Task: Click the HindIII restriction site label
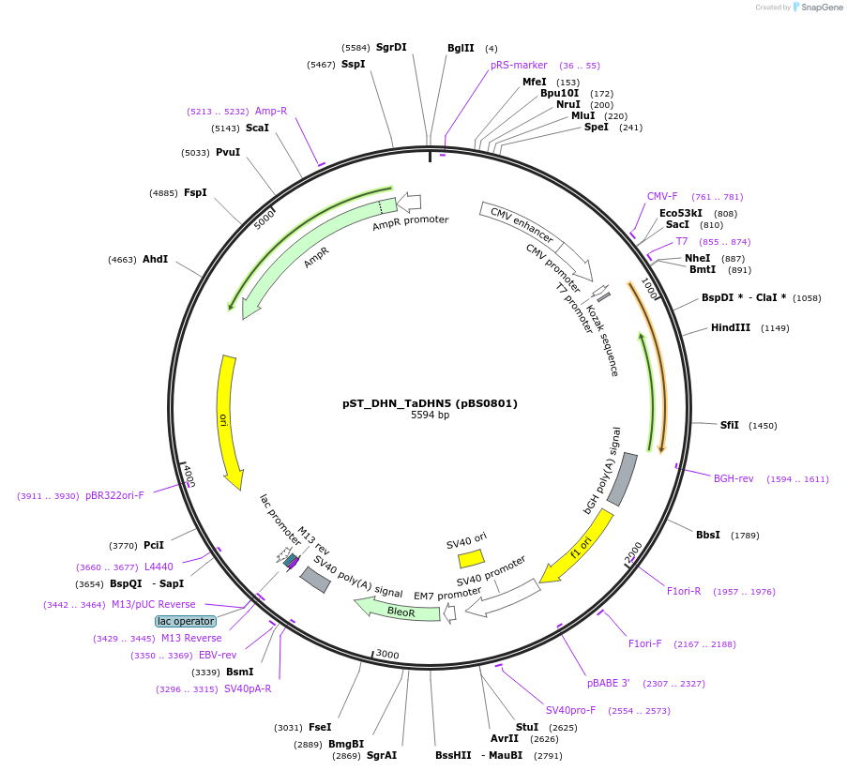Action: [x=730, y=327]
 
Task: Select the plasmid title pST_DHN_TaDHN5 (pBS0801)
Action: [x=430, y=403]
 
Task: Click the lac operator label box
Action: [x=186, y=621]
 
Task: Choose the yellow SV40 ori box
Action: [x=471, y=558]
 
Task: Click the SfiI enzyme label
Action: [x=729, y=425]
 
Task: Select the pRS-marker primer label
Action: [x=519, y=66]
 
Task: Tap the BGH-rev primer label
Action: [x=734, y=478]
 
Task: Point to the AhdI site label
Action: [x=156, y=259]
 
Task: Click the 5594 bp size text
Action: [x=430, y=416]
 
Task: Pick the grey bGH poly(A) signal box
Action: [x=623, y=477]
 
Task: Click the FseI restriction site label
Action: [x=320, y=727]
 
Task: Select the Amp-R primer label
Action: [x=271, y=111]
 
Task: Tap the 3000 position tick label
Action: [x=387, y=655]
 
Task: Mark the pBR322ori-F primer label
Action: [x=114, y=495]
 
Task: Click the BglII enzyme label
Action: [x=461, y=48]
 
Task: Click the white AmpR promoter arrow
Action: [x=409, y=201]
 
